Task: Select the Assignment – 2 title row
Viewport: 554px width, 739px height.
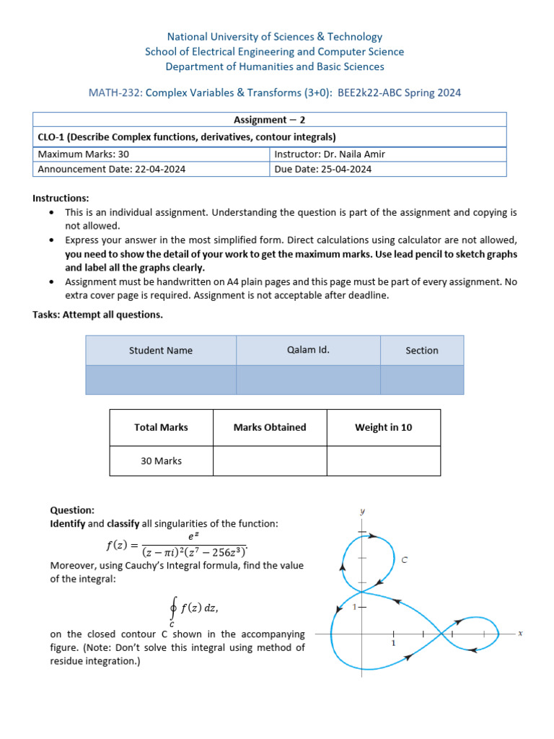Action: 270,120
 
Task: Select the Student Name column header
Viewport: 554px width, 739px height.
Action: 161,350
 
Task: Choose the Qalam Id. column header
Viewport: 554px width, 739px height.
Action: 308,350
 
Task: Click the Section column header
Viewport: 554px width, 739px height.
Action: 422,350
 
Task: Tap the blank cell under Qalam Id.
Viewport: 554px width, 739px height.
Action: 308,380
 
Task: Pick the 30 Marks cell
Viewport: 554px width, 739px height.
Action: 161,460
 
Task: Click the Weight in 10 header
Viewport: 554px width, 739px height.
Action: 383,427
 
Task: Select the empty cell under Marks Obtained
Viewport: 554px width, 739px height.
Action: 270,460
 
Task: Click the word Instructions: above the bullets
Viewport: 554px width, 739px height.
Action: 61,198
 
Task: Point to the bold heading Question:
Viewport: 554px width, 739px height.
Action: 72,509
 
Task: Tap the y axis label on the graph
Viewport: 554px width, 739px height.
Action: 362,511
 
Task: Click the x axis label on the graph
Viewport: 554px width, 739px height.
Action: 519,633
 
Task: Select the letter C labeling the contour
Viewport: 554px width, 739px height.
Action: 405,559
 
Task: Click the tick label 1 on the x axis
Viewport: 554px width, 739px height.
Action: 393,643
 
